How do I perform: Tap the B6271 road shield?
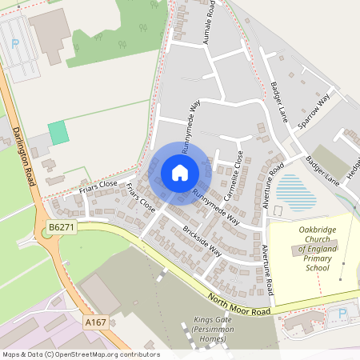(61, 228)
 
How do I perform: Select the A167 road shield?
(96, 322)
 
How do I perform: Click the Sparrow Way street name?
(314, 111)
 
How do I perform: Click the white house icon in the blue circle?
(180, 172)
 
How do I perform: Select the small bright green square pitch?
(58, 133)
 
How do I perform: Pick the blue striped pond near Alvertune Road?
(294, 193)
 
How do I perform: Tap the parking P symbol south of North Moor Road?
(343, 313)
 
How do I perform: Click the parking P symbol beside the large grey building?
(15, 43)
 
